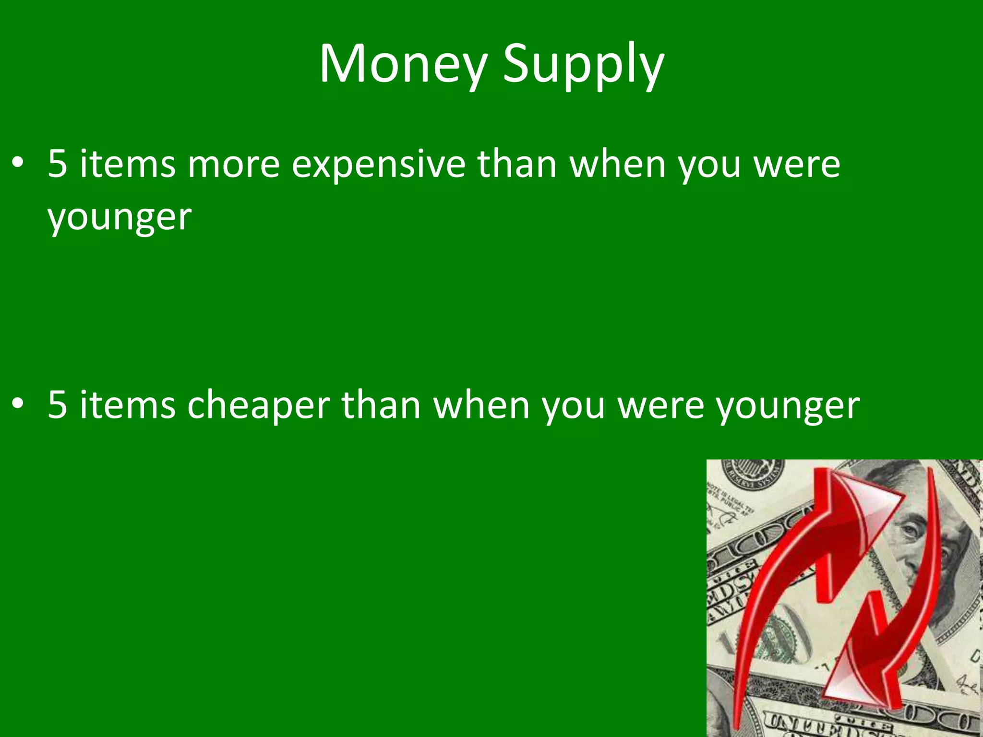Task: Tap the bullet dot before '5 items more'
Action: click(x=18, y=164)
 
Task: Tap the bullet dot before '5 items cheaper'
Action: click(x=18, y=405)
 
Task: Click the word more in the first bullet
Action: click(x=233, y=165)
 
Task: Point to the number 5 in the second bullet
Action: click(x=57, y=405)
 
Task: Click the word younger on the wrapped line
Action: click(x=120, y=218)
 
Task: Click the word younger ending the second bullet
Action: click(x=788, y=408)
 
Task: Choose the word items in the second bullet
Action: click(x=128, y=405)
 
